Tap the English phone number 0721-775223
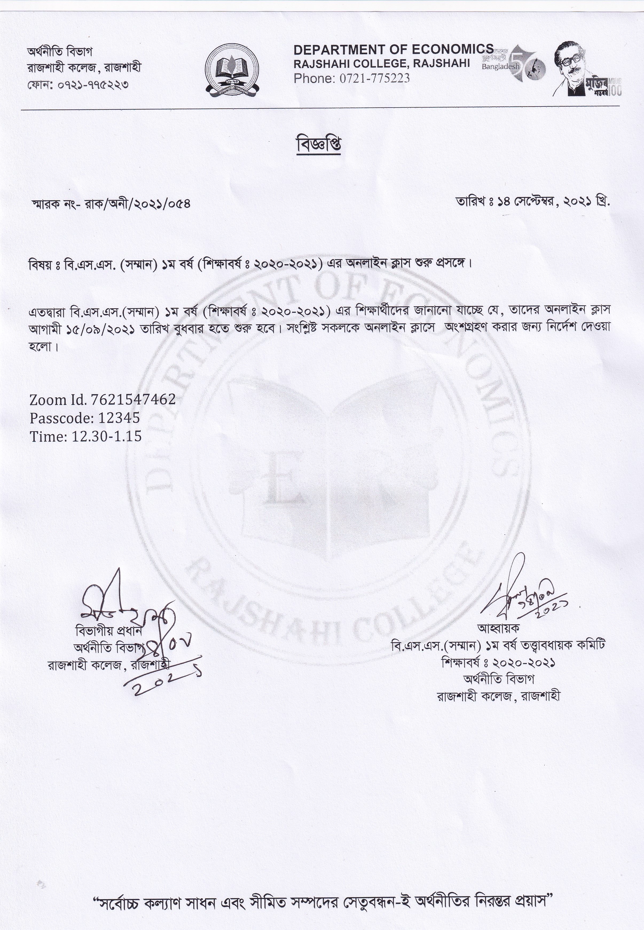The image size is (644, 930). click(372, 78)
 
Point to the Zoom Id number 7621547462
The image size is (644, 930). click(133, 400)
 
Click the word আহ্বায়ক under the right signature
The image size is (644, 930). click(499, 628)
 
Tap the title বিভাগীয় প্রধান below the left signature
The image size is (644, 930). click(109, 630)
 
